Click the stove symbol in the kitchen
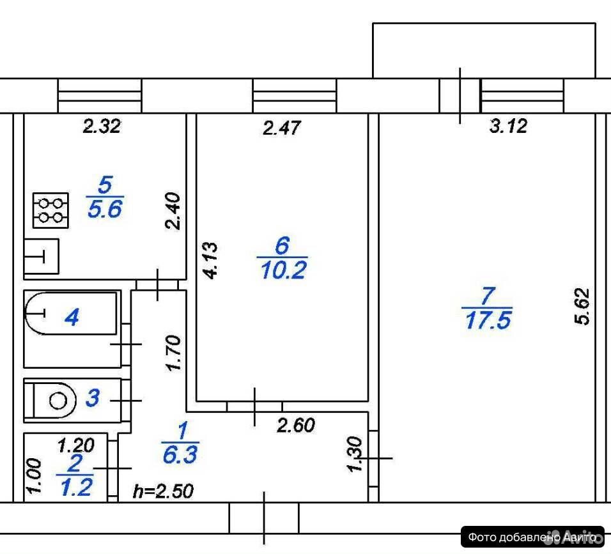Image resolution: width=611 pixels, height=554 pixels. (x=50, y=210)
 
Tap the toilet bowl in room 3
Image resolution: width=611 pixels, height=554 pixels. (x=54, y=401)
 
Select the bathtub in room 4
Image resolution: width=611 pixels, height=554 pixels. (x=70, y=313)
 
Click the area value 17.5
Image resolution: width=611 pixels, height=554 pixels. (x=488, y=321)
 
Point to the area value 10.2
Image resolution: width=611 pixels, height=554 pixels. (x=283, y=270)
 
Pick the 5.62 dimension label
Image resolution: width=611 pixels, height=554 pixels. (x=582, y=306)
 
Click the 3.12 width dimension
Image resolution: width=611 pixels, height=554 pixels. (x=508, y=127)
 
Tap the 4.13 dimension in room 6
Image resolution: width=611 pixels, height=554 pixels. (x=211, y=260)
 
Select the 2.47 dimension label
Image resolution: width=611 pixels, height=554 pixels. (x=282, y=128)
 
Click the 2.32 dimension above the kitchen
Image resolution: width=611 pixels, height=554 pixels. (x=102, y=127)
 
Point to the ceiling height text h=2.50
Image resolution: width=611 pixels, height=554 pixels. (x=163, y=491)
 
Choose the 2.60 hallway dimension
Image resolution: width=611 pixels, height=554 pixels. (x=296, y=425)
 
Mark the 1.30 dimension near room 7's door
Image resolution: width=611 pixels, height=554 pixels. (x=355, y=455)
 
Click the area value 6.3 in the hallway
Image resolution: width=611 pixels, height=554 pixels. (x=180, y=455)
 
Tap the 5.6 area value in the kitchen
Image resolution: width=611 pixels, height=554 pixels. (x=105, y=209)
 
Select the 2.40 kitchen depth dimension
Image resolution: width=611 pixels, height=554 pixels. (x=173, y=211)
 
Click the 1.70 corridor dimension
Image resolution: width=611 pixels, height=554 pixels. (x=173, y=353)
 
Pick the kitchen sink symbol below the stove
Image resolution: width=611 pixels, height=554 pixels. (x=42, y=256)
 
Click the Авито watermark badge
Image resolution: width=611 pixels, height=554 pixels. (x=532, y=537)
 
